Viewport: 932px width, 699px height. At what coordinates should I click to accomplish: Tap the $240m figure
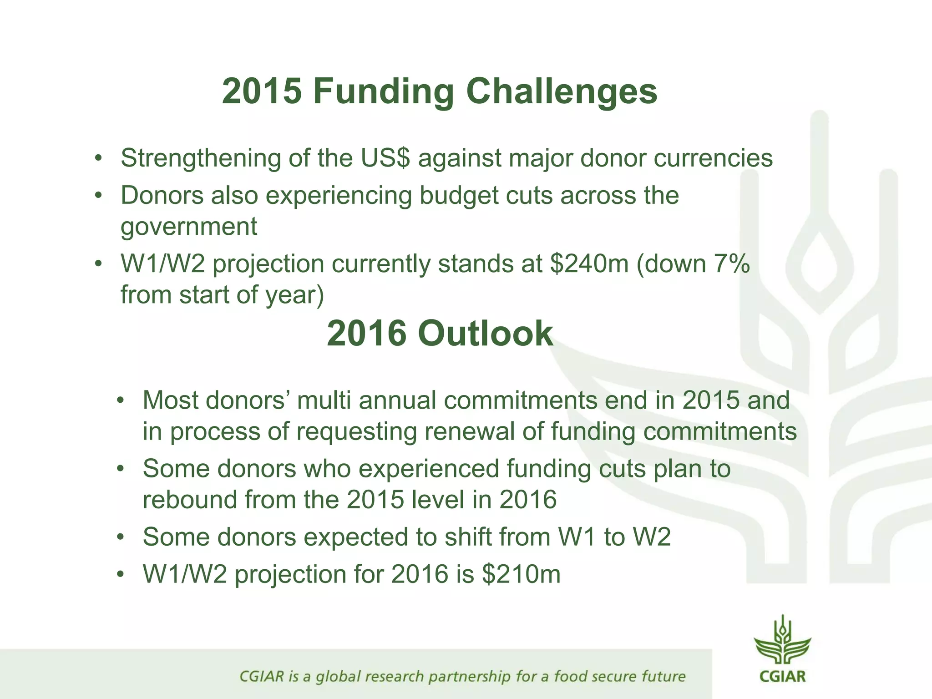pos(589,264)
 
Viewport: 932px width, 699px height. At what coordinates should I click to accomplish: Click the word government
pos(189,227)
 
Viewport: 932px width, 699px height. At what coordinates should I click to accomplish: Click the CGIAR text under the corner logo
pos(782,676)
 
